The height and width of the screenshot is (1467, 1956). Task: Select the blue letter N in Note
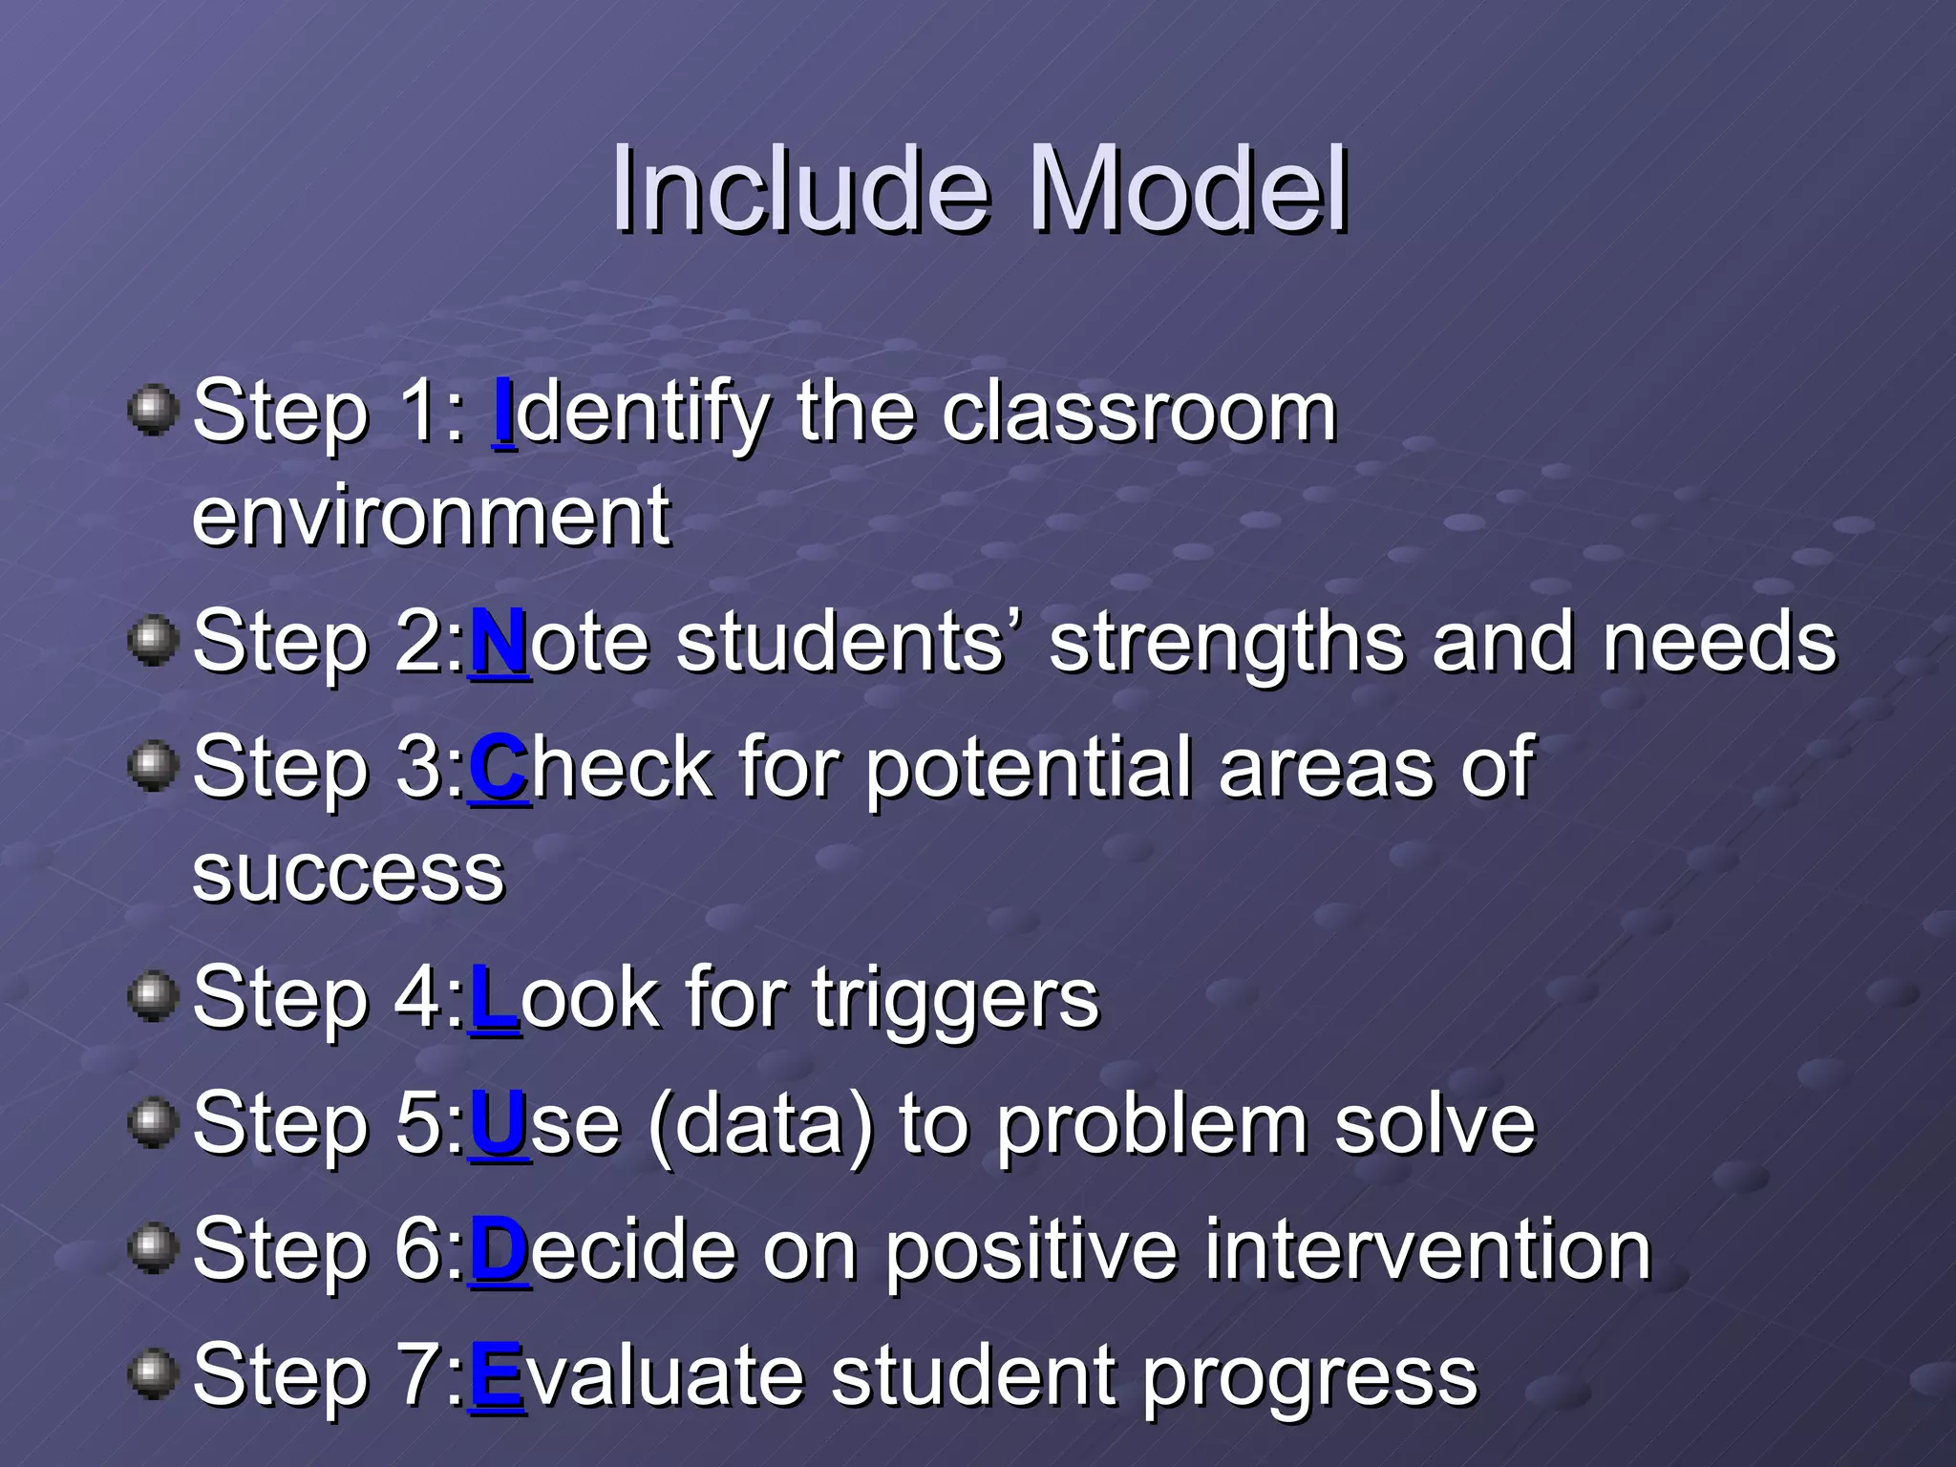(x=499, y=642)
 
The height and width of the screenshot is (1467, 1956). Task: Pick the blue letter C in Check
(x=499, y=768)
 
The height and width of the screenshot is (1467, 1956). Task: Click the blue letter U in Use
(x=499, y=1124)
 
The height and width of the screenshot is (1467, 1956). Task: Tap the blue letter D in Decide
(x=499, y=1250)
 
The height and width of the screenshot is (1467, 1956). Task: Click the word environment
(x=432, y=516)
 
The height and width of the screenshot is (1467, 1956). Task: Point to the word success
(x=349, y=874)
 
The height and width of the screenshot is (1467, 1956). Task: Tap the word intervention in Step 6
(x=1427, y=1250)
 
